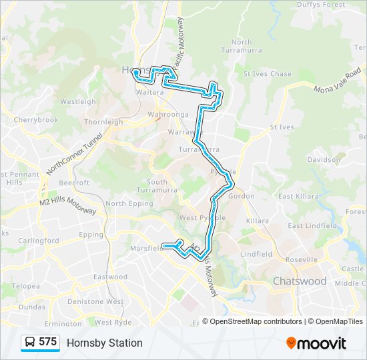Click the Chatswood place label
300,281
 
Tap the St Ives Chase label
267,74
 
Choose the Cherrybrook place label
36,120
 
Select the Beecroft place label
74,183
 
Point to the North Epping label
125,204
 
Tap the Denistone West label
96,302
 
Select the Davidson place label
324,160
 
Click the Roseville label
300,260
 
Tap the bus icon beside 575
30,343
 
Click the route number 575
48,342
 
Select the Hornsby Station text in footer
104,343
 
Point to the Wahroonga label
163,114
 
